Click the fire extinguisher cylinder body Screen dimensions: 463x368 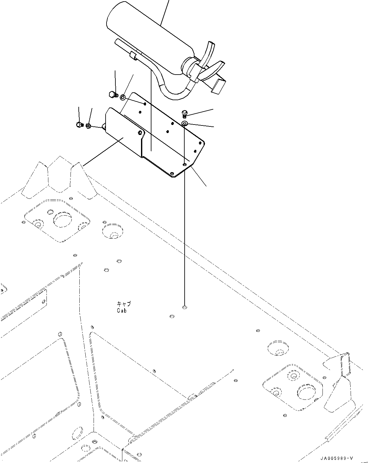pyautogui.click(x=149, y=35)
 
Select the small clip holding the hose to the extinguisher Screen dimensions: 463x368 pyautogui.click(x=133, y=56)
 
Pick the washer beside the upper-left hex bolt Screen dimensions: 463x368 pyautogui.click(x=123, y=97)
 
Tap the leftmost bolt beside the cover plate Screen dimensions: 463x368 pyautogui.click(x=79, y=125)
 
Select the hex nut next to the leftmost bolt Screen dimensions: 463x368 pyautogui.click(x=89, y=126)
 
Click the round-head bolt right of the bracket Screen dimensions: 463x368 pyautogui.click(x=185, y=113)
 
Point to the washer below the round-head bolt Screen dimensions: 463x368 pyautogui.click(x=185, y=123)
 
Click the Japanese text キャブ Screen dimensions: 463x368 pyautogui.click(x=124, y=304)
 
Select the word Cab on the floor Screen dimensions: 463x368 pyautogui.click(x=121, y=311)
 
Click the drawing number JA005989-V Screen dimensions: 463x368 pyautogui.click(x=336, y=458)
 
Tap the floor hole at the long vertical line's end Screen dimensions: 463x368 pyautogui.click(x=184, y=307)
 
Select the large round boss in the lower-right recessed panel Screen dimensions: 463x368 pyautogui.click(x=306, y=392)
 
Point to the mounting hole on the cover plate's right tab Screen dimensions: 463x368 pyautogui.click(x=139, y=133)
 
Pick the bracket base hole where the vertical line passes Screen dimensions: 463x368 pyautogui.click(x=184, y=165)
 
